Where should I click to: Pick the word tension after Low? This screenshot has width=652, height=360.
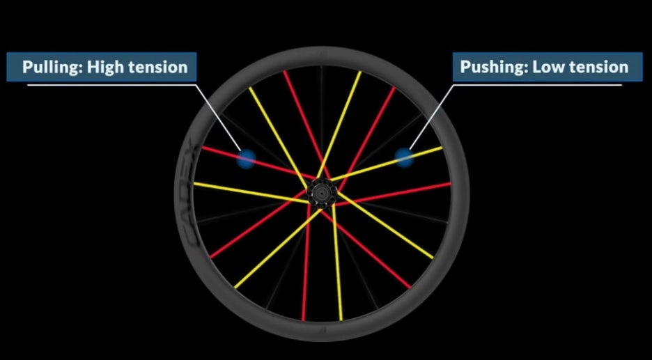click(x=598, y=68)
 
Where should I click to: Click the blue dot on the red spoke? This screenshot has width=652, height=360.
click(x=245, y=159)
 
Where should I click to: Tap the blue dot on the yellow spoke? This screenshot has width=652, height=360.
click(x=405, y=157)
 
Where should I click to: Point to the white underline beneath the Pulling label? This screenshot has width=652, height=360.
click(x=111, y=85)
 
